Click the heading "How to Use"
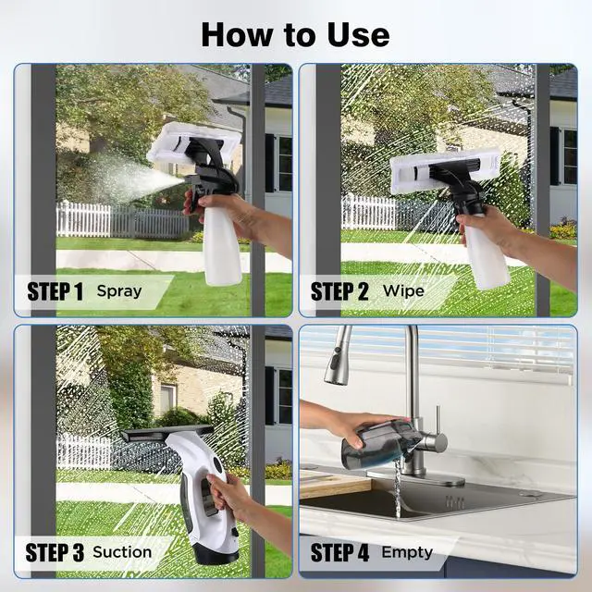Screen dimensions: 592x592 (x=295, y=33)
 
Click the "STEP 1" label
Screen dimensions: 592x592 (x=55, y=291)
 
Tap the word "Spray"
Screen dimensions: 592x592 (x=119, y=291)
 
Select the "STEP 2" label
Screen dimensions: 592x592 (x=339, y=291)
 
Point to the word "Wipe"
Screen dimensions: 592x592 (x=403, y=291)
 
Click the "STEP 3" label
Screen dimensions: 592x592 (x=55, y=553)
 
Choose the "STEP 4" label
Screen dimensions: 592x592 (x=339, y=553)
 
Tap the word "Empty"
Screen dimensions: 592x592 (x=407, y=553)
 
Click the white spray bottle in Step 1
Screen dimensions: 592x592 (x=222, y=250)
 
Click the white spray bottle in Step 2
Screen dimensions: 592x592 (x=485, y=254)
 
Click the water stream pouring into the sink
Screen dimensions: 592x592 (x=398, y=490)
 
